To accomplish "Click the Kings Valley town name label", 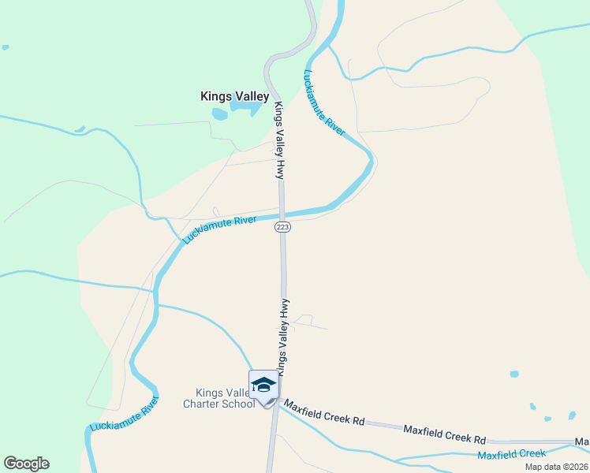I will (x=235, y=96).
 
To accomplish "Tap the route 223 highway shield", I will (x=283, y=227).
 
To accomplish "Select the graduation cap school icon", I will (x=263, y=385).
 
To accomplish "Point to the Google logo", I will (x=26, y=464).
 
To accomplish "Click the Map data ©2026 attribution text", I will (x=555, y=467).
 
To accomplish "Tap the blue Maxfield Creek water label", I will (x=511, y=454).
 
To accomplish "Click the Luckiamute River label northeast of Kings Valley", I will (x=324, y=103).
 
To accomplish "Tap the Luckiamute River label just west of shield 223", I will (x=219, y=230).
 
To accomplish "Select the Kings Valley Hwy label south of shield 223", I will (x=284, y=335).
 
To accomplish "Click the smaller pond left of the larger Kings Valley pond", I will (x=219, y=114).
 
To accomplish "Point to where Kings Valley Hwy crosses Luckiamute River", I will (x=282, y=213).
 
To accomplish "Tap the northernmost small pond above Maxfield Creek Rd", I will (x=514, y=374).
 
